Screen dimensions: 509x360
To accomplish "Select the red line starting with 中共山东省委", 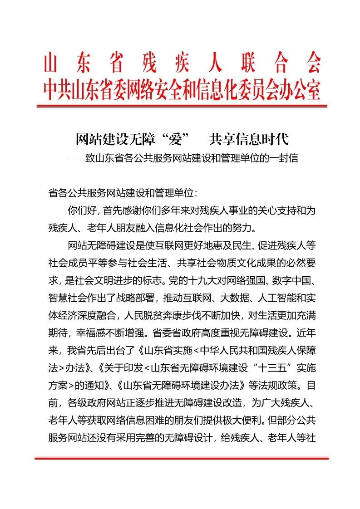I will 182,90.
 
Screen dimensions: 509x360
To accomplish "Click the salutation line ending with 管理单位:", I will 123,192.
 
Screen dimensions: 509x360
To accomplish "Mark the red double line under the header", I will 182,106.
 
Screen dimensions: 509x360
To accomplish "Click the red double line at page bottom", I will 182,458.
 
